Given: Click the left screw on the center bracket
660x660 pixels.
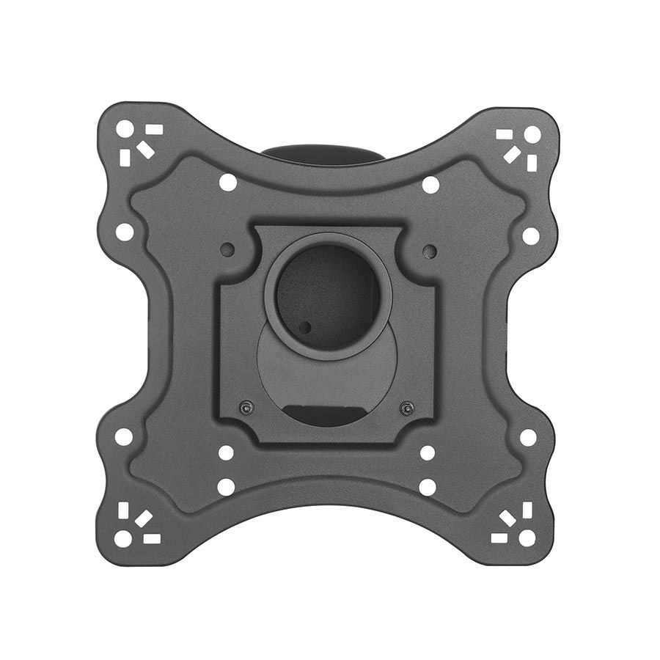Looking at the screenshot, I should pos(246,406).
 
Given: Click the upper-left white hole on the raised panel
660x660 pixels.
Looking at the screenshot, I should pos(227,181).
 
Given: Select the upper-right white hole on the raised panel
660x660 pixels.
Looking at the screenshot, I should pos(430,184).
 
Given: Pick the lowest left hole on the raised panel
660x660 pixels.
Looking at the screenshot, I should pos(225,486).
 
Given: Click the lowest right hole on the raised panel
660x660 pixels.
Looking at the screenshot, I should pos(428,486).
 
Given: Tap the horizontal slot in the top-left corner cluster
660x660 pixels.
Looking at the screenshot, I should pos(153,129).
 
